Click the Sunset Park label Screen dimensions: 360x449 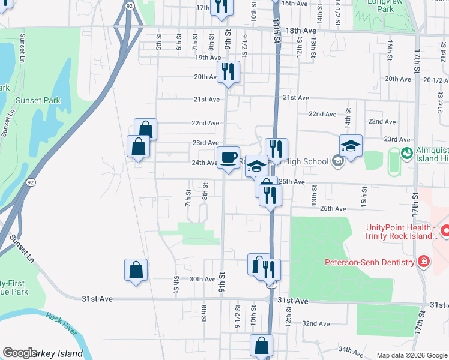[38, 101]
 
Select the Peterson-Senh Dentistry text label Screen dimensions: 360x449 [370, 262]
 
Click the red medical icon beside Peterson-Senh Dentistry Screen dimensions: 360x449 [424, 262]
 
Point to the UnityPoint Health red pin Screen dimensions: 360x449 [445, 230]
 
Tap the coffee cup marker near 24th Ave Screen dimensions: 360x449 [228, 158]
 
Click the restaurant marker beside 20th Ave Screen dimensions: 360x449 [228, 72]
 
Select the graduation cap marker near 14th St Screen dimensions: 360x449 [351, 146]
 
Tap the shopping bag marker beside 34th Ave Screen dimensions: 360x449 [261, 346]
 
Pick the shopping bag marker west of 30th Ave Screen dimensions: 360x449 [136, 270]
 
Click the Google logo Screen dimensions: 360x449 [19, 353]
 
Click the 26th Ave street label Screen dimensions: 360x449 [333, 209]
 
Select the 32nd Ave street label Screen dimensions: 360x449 [316, 323]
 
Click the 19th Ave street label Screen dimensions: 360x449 [208, 58]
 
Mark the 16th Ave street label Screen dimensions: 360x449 [295, 3]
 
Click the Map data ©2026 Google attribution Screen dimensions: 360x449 [411, 355]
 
